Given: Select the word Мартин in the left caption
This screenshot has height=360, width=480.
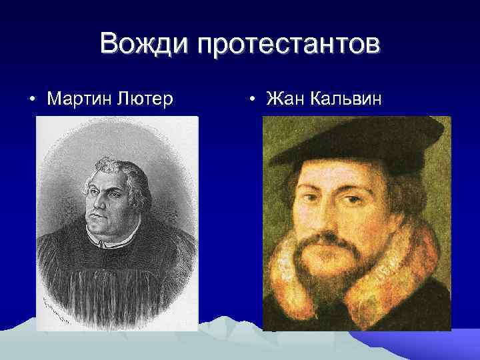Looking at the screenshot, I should (79, 99).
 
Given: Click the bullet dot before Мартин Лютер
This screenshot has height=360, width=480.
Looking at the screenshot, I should (33, 100).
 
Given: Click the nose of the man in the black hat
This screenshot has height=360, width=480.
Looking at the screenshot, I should (331, 213).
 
